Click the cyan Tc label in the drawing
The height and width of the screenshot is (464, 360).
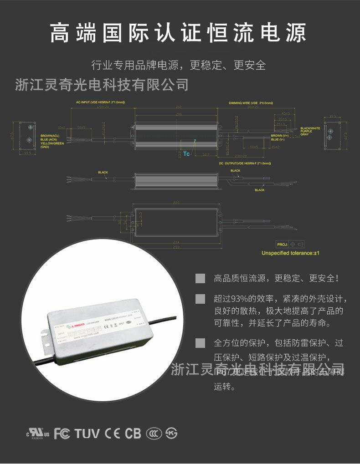(x=186, y=154)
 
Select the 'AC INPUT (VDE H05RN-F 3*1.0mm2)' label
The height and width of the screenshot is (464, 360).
(x=101, y=103)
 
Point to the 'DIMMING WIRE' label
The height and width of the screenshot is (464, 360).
(x=251, y=103)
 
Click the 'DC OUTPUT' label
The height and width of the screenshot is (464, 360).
(x=245, y=163)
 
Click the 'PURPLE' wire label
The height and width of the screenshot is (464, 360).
(x=307, y=131)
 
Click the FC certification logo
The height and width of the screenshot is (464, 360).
(x=62, y=433)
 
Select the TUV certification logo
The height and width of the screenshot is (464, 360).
(x=87, y=433)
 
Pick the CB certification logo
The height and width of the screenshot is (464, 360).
(x=133, y=433)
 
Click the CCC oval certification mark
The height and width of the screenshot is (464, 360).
(x=154, y=433)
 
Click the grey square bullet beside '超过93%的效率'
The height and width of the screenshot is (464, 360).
(x=200, y=299)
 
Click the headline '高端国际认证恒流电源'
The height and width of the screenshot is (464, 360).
(x=178, y=33)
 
